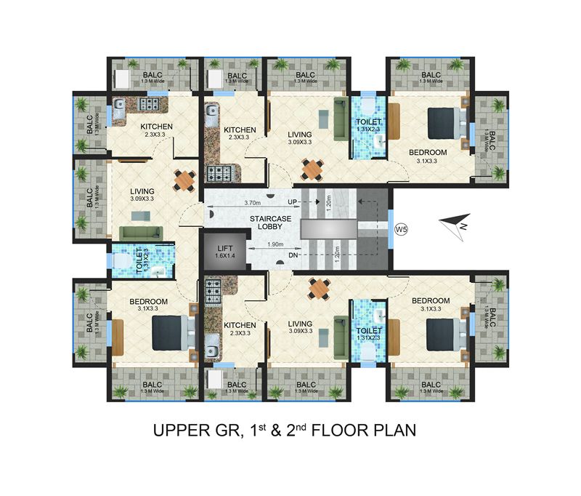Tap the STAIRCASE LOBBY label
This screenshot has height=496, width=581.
251,221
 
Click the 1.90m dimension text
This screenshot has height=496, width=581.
272,244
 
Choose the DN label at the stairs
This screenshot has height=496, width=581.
293,256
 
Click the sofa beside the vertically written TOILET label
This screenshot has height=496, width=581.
141,232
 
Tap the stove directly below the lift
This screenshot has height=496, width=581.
214,290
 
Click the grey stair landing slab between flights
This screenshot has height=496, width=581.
330,228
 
